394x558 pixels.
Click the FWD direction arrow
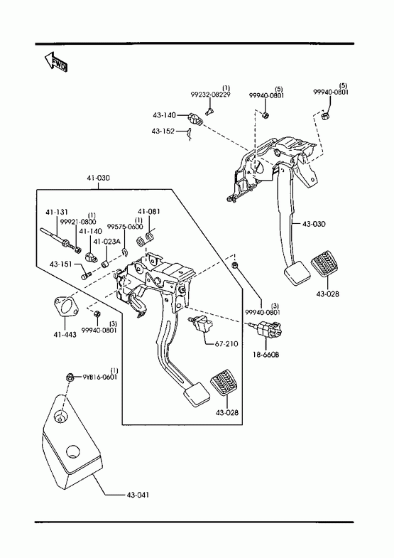[x=56, y=63]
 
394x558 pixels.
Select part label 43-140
[x=164, y=115]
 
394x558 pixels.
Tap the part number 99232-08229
[x=210, y=95]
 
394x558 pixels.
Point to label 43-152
[x=163, y=131]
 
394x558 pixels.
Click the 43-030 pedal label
[x=314, y=224]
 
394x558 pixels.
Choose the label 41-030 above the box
[x=99, y=178]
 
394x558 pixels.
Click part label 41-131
[x=57, y=212]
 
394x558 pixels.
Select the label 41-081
[x=149, y=211]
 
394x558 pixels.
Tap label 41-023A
[x=107, y=242]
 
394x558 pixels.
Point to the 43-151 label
[x=61, y=264]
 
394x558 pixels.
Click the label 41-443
[x=65, y=334]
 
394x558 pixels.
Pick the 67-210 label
[x=226, y=344]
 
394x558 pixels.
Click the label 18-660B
[x=266, y=355]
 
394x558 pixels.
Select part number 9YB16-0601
[x=100, y=377]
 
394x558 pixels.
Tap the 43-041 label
[x=138, y=495]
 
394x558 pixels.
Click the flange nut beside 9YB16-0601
[x=70, y=377]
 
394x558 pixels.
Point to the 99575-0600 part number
[x=125, y=226]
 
